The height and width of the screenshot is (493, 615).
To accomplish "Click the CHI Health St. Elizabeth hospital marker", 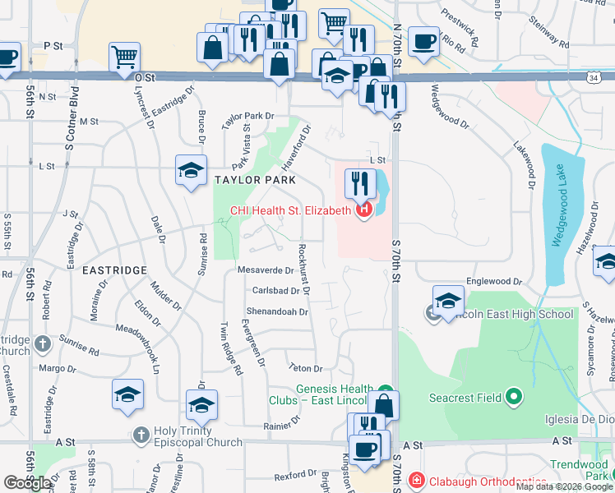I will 363,211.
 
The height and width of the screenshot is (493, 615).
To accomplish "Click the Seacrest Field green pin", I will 515,398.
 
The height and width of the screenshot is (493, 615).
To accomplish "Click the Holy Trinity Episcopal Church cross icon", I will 141,432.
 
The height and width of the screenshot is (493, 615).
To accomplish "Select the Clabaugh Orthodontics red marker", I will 417,480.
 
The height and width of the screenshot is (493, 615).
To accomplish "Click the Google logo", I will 26,483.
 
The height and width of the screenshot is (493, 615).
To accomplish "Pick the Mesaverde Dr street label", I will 265,270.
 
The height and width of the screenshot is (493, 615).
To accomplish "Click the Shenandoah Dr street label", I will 277,312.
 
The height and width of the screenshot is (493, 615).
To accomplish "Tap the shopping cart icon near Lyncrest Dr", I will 123,57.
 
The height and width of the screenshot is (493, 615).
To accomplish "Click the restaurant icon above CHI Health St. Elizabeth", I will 359,182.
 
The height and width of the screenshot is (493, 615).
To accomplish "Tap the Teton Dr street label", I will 305,368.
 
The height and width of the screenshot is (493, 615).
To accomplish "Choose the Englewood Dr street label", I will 488,281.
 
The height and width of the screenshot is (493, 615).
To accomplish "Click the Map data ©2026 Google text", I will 564,486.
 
